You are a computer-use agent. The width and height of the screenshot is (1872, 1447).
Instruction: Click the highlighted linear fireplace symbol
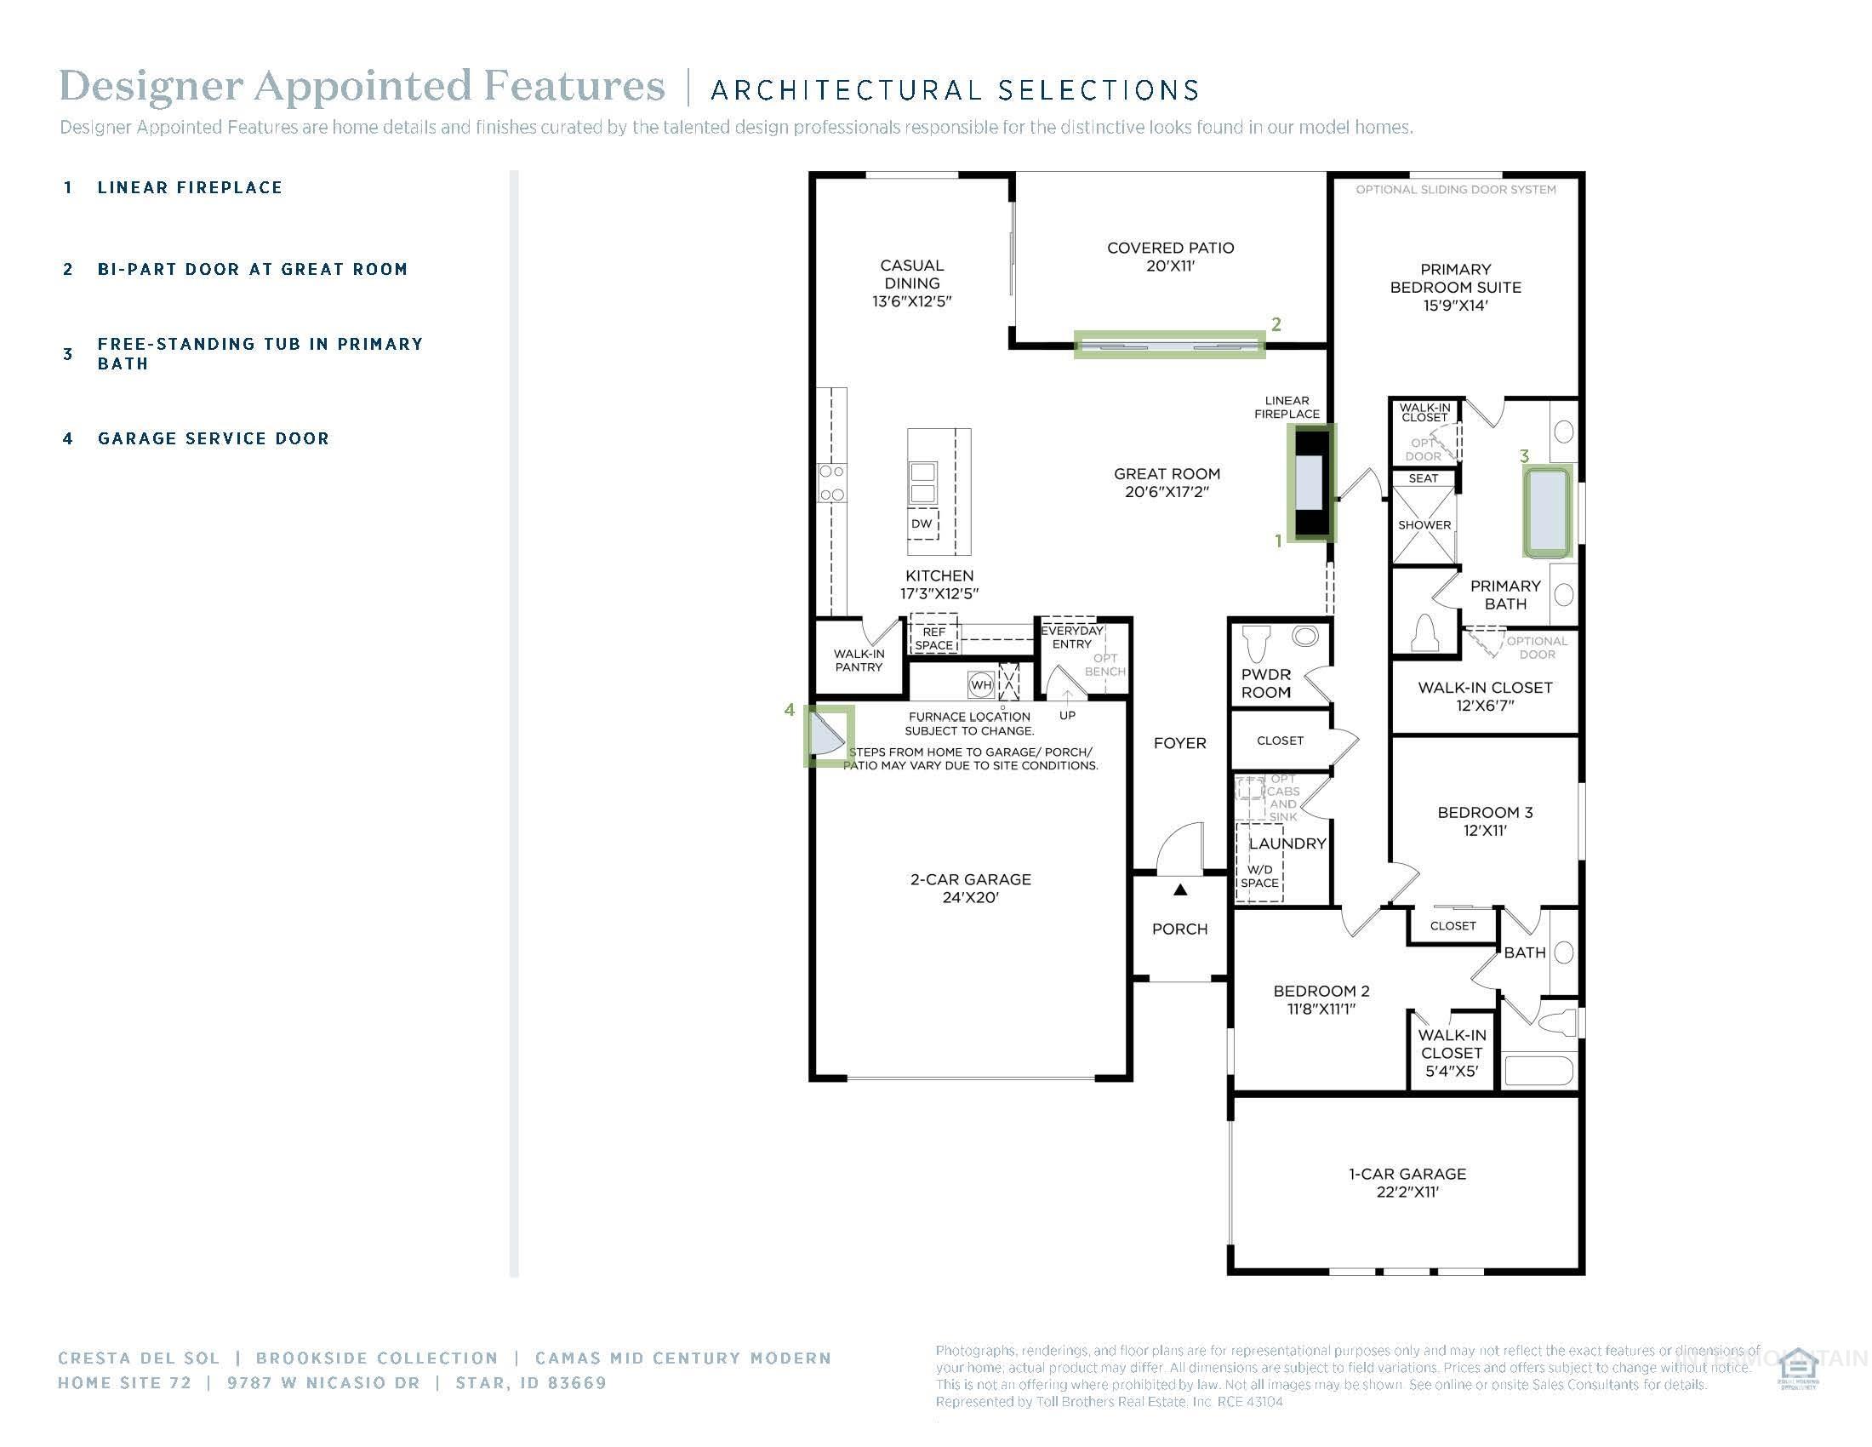[x=1311, y=483]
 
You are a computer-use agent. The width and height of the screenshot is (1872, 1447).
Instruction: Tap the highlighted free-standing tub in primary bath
[x=1548, y=512]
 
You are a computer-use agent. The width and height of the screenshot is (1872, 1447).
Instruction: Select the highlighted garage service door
[x=828, y=735]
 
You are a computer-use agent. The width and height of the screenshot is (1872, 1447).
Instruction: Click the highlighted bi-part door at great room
[x=1169, y=345]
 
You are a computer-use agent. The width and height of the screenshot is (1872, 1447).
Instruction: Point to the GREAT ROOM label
[x=1167, y=483]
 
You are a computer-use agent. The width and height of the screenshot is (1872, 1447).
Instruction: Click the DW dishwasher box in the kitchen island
[x=922, y=523]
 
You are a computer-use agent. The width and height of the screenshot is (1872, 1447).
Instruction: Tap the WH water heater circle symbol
[x=980, y=684]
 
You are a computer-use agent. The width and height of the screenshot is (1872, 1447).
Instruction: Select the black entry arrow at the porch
[x=1180, y=889]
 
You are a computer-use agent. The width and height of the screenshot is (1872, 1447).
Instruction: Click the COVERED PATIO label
[x=1170, y=256]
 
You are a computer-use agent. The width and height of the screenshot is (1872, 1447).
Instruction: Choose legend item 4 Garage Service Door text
[x=213, y=439]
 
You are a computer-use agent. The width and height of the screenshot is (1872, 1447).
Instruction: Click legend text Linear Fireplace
[x=190, y=188]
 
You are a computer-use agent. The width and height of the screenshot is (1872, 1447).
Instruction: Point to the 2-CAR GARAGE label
[x=970, y=888]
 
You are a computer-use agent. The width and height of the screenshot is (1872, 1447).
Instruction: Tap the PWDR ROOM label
[x=1265, y=683]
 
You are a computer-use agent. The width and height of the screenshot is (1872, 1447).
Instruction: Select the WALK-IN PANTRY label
[x=858, y=660]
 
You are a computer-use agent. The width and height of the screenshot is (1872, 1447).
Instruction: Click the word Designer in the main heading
[x=151, y=86]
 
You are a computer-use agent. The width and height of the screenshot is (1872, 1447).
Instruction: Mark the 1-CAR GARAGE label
[x=1407, y=1182]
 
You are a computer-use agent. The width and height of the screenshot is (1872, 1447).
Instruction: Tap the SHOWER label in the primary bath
[x=1424, y=524]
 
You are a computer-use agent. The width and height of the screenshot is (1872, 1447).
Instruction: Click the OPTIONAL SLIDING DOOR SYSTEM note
[x=1454, y=190]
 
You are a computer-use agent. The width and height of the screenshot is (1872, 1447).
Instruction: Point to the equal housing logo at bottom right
[x=1797, y=1369]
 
